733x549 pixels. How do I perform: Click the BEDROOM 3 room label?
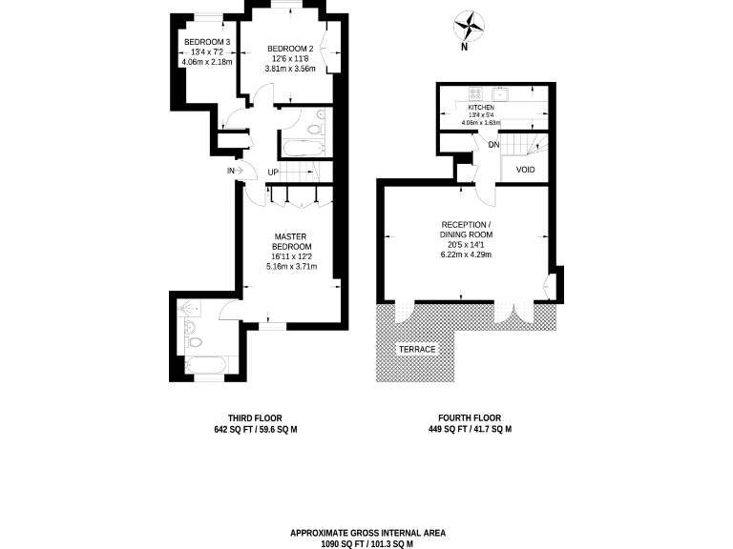[207, 42]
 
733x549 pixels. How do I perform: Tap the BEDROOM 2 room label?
[290, 49]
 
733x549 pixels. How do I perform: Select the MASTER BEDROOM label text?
[291, 242]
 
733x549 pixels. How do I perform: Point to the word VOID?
[525, 171]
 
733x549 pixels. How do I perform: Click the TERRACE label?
[416, 350]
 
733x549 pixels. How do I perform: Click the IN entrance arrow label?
[231, 171]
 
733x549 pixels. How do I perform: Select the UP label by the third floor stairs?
[273, 173]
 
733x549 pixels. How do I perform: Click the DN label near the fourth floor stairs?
[493, 145]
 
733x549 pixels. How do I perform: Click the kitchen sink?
[501, 93]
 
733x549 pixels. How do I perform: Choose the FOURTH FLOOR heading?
[469, 418]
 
